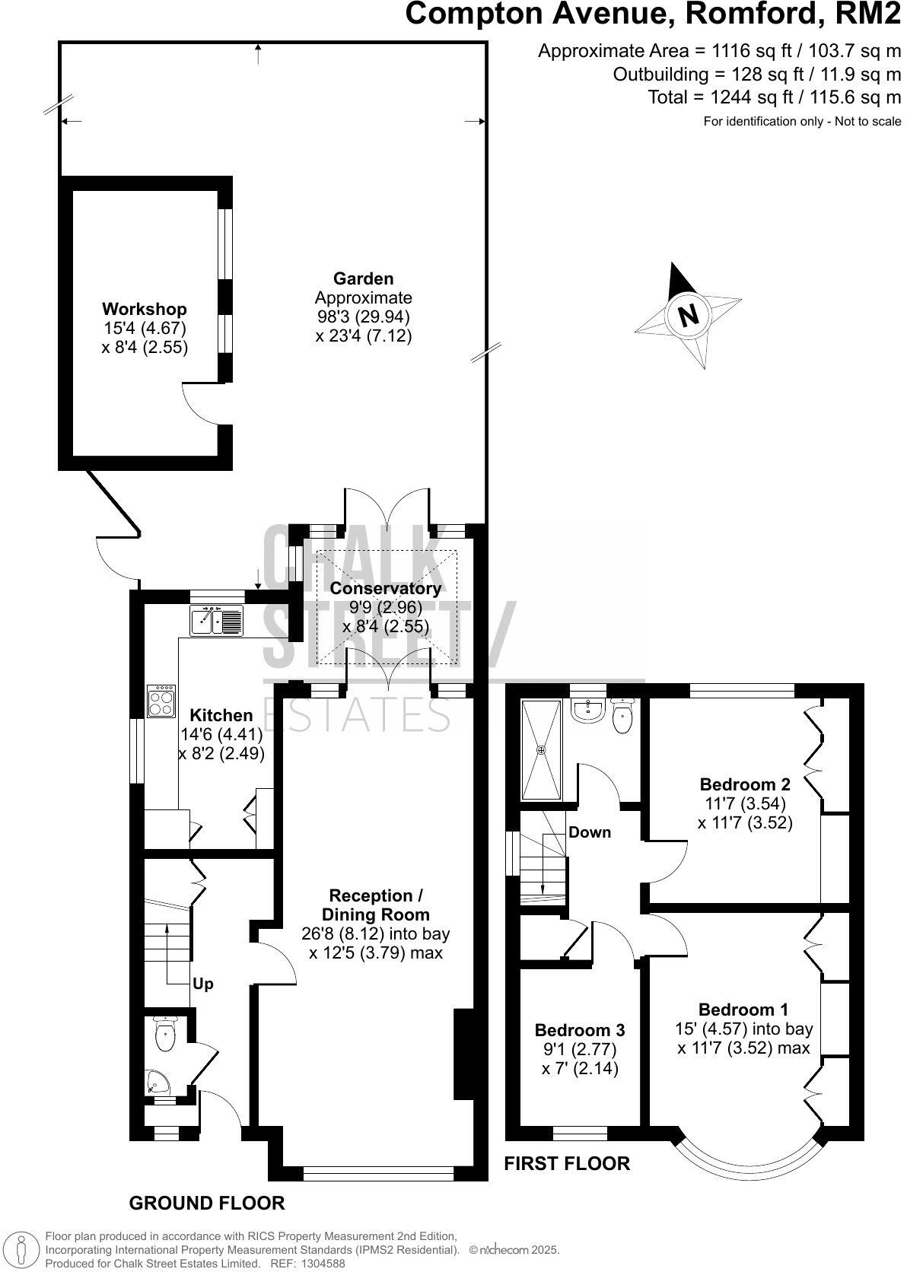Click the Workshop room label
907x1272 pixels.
pos(145,310)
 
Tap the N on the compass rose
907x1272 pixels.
pos(688,314)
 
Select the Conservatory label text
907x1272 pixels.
pos(385,588)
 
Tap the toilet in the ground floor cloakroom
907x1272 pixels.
pos(164,1034)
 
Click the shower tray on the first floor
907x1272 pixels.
pos(542,749)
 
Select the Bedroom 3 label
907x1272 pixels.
pos(580,1030)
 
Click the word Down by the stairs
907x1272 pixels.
pos(590,832)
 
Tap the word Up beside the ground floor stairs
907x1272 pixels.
pos(203,984)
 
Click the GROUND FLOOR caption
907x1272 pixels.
pos(207,1203)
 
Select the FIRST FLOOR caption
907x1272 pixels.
pos(568,1163)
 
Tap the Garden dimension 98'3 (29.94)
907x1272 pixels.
pos(364,316)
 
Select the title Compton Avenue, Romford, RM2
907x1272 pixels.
pos(652,15)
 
